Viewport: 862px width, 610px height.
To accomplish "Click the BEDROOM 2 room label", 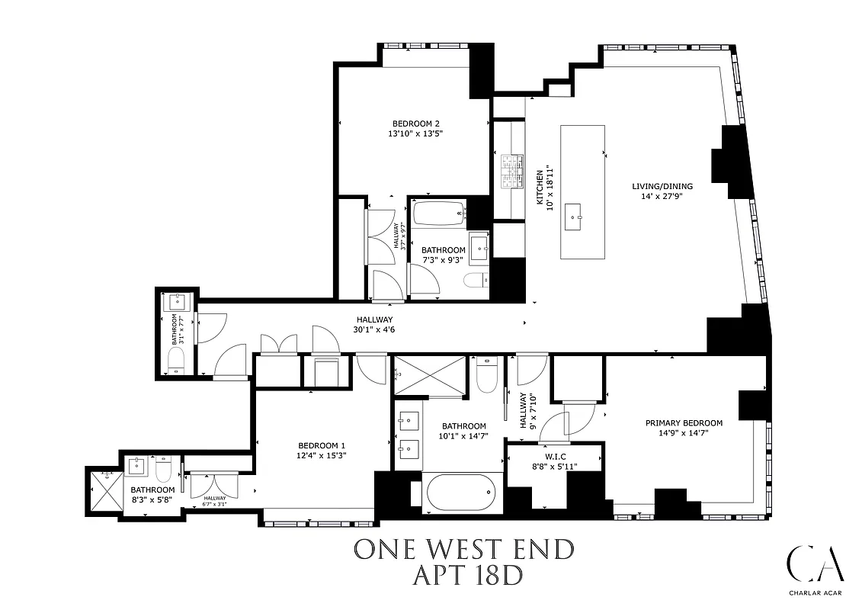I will click(x=416, y=124).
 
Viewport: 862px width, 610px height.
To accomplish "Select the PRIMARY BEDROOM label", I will click(x=684, y=423).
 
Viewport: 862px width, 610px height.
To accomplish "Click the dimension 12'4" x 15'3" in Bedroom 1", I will click(x=322, y=456).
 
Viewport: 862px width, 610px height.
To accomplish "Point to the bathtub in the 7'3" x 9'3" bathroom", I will click(x=438, y=213).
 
